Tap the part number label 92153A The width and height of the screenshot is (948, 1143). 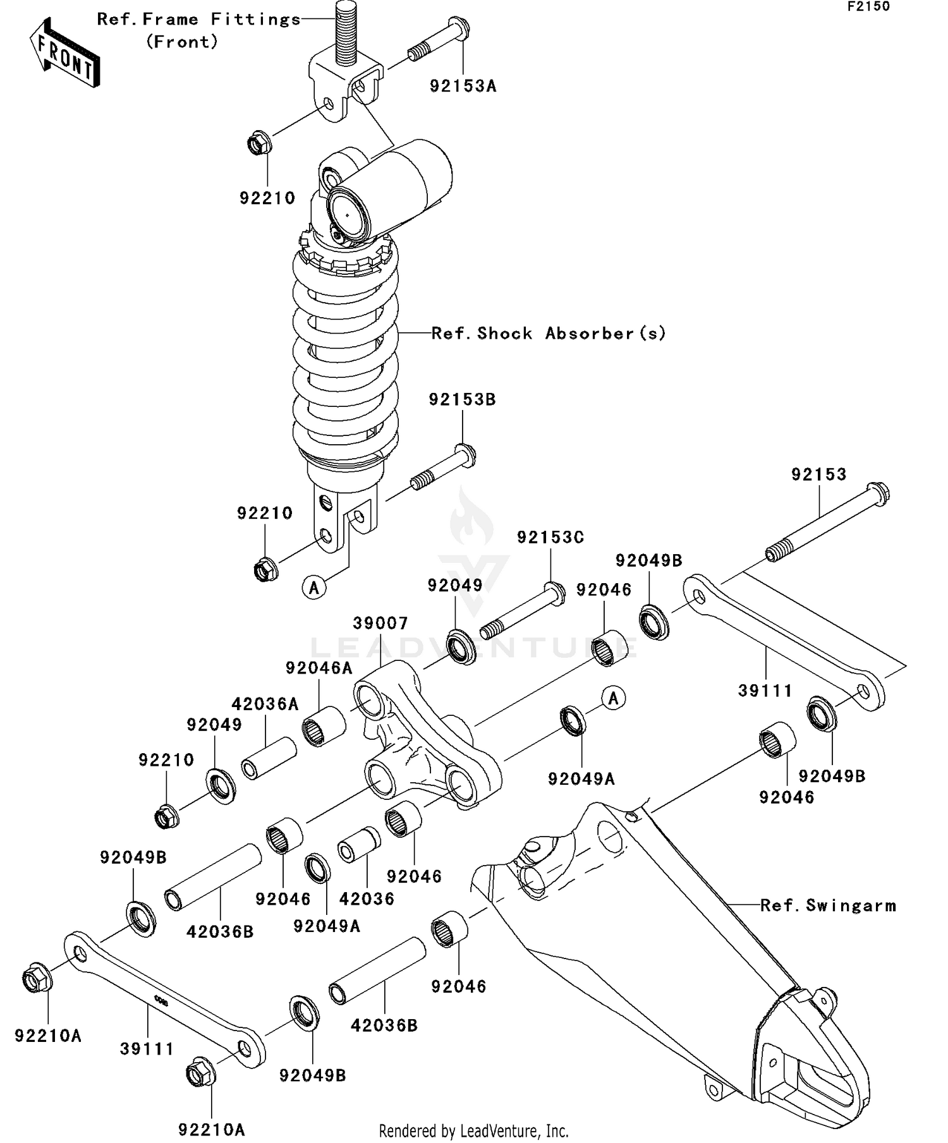463,87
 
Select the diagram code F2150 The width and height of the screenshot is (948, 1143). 868,7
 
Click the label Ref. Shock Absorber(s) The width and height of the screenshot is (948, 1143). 549,334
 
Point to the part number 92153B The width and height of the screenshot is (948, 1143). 462,400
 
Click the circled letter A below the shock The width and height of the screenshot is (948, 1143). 314,588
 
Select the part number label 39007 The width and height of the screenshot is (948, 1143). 380,624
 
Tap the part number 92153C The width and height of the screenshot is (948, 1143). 550,538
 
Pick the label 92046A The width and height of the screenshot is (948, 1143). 319,668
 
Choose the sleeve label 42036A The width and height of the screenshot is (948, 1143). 265,704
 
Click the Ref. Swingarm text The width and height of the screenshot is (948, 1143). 828,906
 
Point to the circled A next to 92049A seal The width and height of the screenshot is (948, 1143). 613,698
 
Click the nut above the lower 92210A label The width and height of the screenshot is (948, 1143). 201,1073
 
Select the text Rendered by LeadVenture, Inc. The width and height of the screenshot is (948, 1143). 473,1130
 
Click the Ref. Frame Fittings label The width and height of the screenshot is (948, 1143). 198,20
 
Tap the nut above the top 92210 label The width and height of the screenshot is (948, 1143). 258,143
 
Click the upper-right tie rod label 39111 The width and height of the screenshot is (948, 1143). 765,691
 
